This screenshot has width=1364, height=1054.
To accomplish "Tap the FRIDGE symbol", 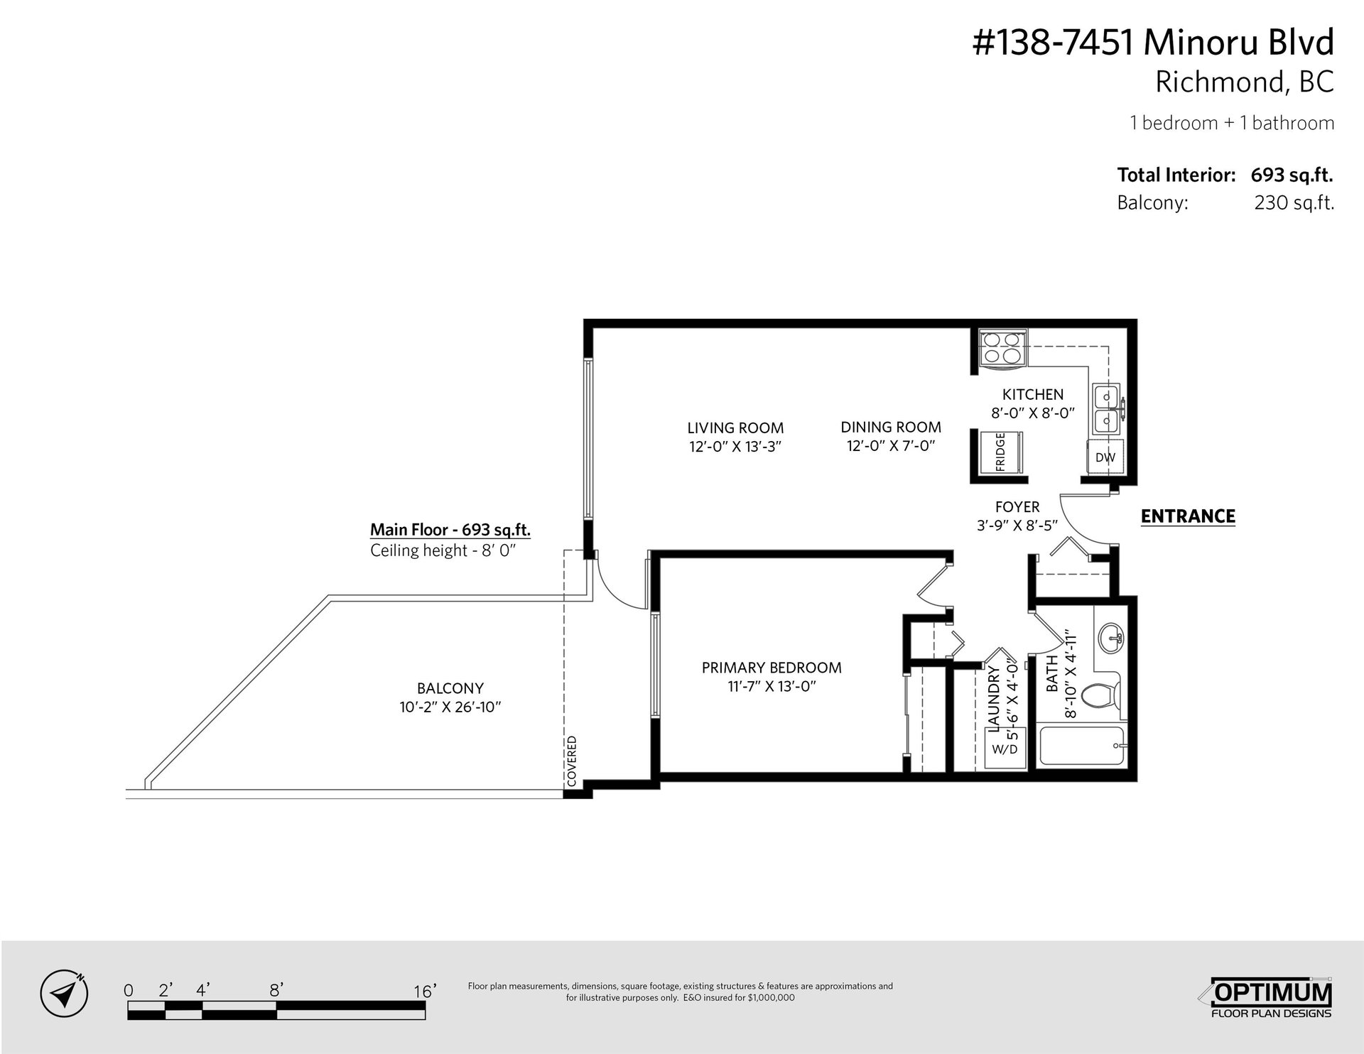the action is (x=1000, y=452).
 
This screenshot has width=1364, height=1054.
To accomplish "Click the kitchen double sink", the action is (x=1108, y=410).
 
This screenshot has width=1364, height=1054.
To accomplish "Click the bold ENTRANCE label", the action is (x=1188, y=516).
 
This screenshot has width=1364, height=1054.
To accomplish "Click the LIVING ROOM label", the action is (x=735, y=428).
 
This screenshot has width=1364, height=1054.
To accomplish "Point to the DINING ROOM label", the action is (x=891, y=427).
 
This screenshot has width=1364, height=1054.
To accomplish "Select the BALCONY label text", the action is (x=450, y=688).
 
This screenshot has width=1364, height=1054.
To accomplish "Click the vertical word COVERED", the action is (x=572, y=761).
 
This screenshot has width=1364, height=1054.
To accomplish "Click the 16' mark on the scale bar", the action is (x=424, y=991).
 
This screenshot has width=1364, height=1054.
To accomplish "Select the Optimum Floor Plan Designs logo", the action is (x=1271, y=998).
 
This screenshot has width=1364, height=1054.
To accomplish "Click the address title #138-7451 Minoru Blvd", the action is (x=1153, y=43).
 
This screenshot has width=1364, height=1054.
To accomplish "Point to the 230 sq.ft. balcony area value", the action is (x=1294, y=203).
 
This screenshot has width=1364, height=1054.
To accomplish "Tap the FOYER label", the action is (x=1017, y=506).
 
